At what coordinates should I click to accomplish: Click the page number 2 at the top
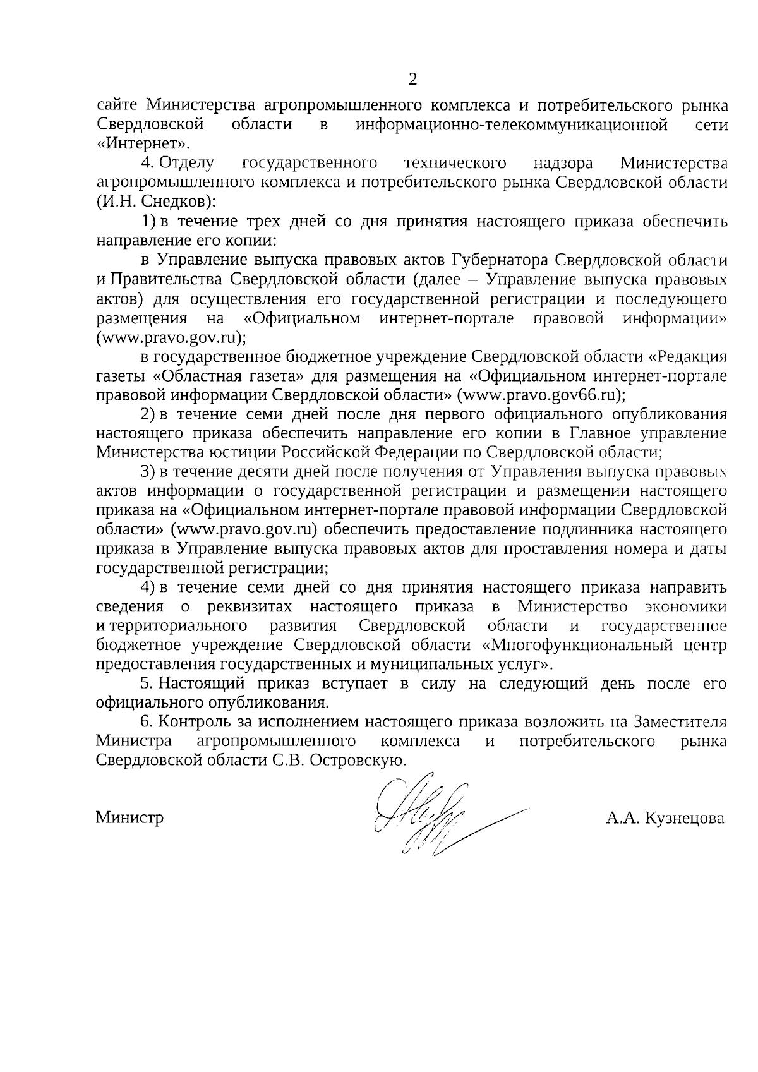[x=412, y=80]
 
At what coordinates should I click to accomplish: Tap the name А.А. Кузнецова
[x=665, y=818]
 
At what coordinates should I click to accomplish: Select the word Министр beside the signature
[x=129, y=817]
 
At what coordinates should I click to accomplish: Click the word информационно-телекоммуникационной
[x=512, y=124]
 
